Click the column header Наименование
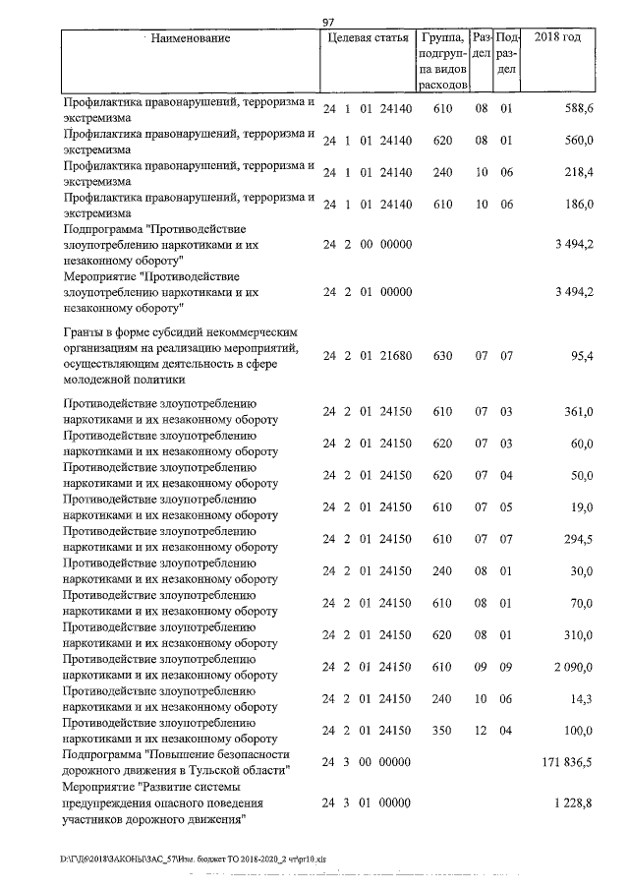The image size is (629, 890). [193, 39]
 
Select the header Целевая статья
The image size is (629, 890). [366, 39]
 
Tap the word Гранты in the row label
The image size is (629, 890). [85, 332]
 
